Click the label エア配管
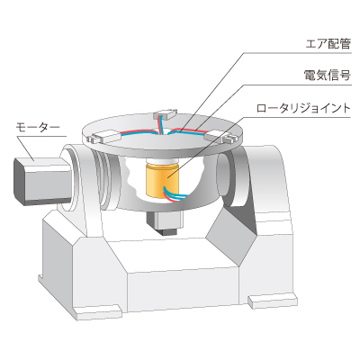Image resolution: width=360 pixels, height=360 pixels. tap(328, 44)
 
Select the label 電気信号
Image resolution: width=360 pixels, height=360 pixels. tap(328, 76)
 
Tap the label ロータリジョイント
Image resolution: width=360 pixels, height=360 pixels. tap(303, 108)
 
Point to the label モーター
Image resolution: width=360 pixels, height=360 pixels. tap(38, 128)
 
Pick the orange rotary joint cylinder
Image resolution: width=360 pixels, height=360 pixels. tap(162, 181)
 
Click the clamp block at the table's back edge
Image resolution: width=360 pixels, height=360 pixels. tap(166, 114)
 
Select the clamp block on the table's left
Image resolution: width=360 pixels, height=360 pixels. tap(103, 137)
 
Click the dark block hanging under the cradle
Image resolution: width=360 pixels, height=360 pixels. tap(165, 222)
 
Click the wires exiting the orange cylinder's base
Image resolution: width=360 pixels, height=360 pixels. tap(174, 193)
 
